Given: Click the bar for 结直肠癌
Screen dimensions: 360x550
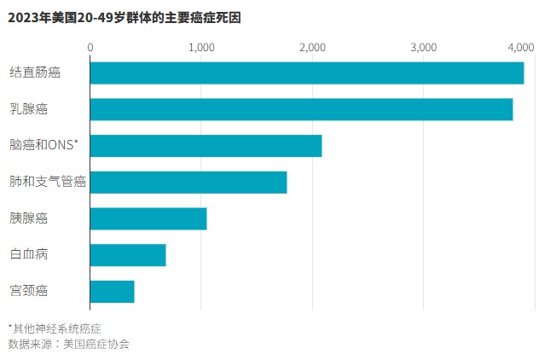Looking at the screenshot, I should tap(306, 73).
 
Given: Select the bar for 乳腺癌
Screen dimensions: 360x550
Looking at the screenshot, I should tap(301, 109).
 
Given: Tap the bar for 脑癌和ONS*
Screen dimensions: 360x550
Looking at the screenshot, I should tap(206, 146).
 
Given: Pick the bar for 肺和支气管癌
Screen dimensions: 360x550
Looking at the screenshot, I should tap(188, 183).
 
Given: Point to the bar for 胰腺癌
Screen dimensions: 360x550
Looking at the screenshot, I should tap(148, 218).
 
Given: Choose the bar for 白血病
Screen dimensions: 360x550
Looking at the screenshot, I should tap(127, 255).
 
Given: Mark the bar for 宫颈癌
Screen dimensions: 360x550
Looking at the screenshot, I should tap(112, 291).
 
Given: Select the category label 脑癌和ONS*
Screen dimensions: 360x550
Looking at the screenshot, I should tap(43, 146).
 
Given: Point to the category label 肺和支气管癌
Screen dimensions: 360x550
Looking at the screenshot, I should tap(48, 183).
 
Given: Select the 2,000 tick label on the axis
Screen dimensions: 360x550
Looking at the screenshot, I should tap(312, 47).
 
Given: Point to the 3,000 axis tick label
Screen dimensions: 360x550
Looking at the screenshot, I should tap(423, 47).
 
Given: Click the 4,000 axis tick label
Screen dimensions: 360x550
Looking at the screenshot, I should tap(520, 47).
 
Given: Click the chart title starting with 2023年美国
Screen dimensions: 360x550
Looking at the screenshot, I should tap(124, 17).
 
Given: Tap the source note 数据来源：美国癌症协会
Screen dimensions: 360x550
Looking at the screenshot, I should tap(69, 343).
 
